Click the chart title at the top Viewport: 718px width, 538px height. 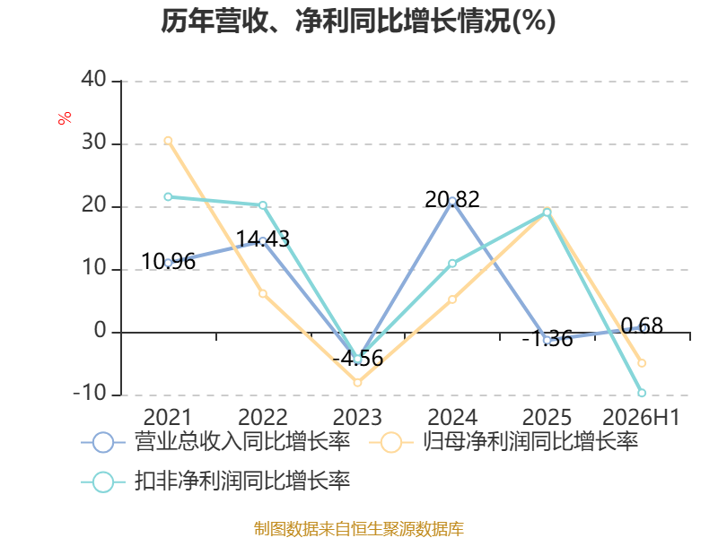coord(358,21)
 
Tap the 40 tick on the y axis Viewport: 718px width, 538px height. coord(94,79)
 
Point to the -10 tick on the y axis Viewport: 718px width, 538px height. coord(90,393)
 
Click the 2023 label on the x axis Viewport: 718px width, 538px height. coord(357,417)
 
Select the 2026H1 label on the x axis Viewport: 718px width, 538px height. coord(641,417)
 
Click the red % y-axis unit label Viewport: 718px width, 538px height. coord(65,117)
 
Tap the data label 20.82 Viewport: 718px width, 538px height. coord(452,199)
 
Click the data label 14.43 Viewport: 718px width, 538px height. coord(263,239)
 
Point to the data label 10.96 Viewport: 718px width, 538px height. coord(168,262)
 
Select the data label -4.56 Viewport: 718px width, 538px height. coord(357,358)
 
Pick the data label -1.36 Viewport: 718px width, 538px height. coord(547,339)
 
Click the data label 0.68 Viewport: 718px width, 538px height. coord(642,326)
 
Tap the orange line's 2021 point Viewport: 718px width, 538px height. coord(168,141)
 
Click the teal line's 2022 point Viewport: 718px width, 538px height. coord(263,205)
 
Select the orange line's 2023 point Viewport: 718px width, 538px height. coord(357,383)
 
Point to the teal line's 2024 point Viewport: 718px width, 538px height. coord(452,264)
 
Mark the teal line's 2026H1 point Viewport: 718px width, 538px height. coord(642,393)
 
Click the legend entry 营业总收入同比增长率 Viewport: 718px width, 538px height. coord(215,442)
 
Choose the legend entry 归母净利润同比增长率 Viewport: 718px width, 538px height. coord(503,442)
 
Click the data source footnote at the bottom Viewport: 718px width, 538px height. coord(359,529)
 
